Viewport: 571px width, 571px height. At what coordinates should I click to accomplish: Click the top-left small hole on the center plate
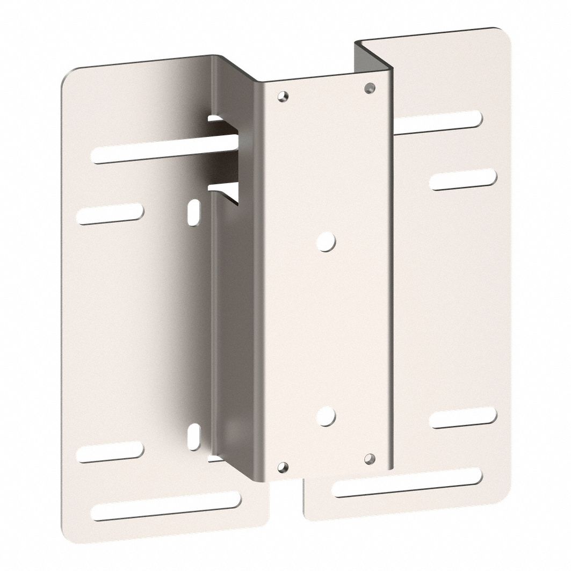(283, 97)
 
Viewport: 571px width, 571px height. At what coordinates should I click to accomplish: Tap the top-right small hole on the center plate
(368, 88)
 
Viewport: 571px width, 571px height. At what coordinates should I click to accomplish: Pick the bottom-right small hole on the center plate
(369, 458)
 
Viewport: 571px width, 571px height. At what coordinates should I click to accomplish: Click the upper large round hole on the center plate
(326, 241)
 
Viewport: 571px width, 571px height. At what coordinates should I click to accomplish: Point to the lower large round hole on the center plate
(326, 416)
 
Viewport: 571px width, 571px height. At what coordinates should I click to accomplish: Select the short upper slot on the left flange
(110, 214)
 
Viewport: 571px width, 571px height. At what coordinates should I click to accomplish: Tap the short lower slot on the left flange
(110, 453)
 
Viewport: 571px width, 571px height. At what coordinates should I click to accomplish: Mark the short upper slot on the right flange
(463, 179)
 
